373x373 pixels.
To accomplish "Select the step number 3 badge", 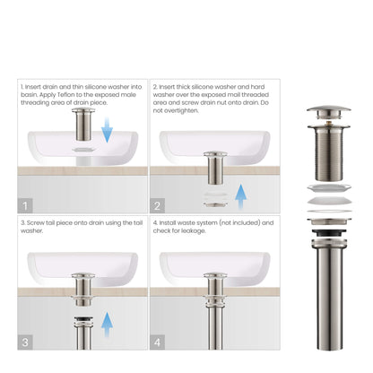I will (x=26, y=342).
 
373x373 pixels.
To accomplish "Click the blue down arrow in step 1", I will (x=108, y=133).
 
